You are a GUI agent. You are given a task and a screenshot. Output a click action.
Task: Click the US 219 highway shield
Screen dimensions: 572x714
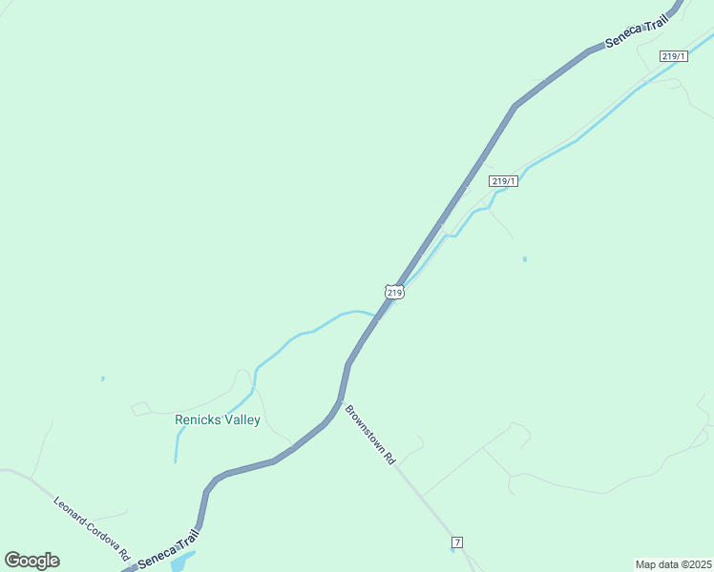(x=395, y=292)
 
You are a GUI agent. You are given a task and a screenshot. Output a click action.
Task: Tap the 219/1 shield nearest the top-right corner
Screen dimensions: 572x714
(x=674, y=57)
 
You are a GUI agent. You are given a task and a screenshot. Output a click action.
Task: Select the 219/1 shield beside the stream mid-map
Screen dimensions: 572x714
(x=504, y=181)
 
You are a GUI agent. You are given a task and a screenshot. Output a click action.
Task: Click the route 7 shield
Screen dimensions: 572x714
(x=457, y=542)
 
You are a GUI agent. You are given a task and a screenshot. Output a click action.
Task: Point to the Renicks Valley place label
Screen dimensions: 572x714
(x=218, y=419)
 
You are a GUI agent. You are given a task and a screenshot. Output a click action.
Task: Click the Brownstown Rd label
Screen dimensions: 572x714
(x=369, y=434)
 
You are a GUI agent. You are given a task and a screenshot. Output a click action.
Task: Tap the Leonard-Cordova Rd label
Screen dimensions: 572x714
(x=91, y=527)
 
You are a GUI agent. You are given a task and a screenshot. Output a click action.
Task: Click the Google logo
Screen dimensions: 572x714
(x=31, y=561)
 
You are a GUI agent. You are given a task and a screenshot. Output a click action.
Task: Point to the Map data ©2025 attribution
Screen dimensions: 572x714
(x=673, y=563)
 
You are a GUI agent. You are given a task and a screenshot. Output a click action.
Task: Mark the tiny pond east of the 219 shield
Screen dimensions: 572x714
(x=525, y=258)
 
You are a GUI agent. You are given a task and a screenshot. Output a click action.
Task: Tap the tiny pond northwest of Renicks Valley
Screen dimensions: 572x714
(x=103, y=378)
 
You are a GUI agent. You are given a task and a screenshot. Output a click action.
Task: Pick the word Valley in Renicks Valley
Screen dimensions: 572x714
(x=240, y=419)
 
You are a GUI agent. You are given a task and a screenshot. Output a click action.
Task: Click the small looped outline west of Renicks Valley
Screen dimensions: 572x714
(x=140, y=409)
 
